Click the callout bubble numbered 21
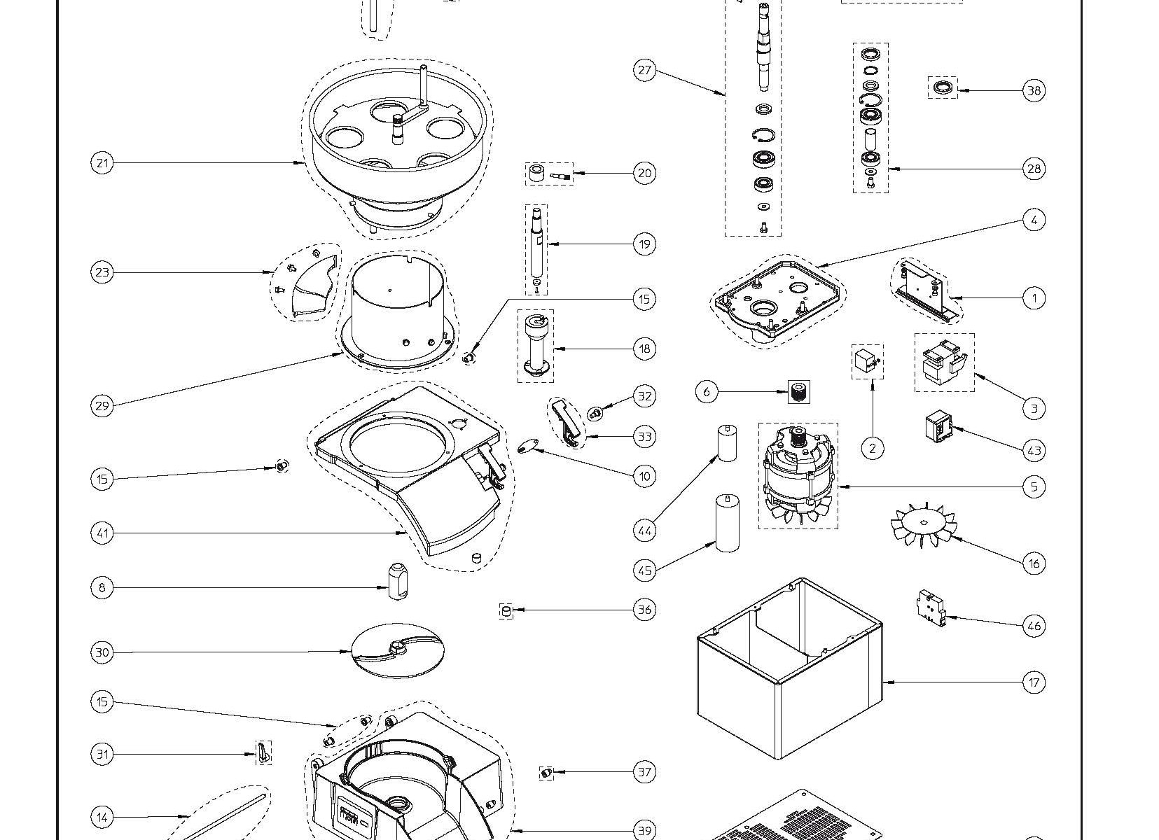click(102, 163)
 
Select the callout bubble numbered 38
click(1034, 90)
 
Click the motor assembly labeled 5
click(798, 476)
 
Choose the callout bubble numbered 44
click(644, 531)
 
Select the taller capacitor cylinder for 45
click(728, 523)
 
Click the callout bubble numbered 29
click(102, 406)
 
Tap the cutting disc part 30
click(398, 652)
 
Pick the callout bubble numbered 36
click(644, 610)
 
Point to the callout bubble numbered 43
click(1034, 450)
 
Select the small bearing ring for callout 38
click(943, 88)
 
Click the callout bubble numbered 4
click(1034, 220)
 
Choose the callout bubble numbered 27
click(644, 70)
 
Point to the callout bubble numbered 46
click(1034, 625)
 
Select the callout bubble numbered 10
click(644, 476)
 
